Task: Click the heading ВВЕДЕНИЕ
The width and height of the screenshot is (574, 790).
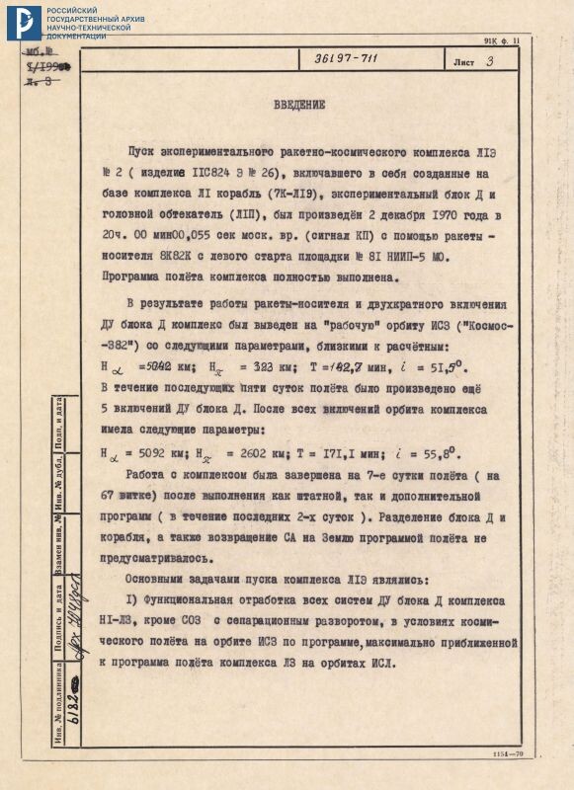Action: coord(301,104)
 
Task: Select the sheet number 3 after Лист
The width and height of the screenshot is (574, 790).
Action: coord(490,61)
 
